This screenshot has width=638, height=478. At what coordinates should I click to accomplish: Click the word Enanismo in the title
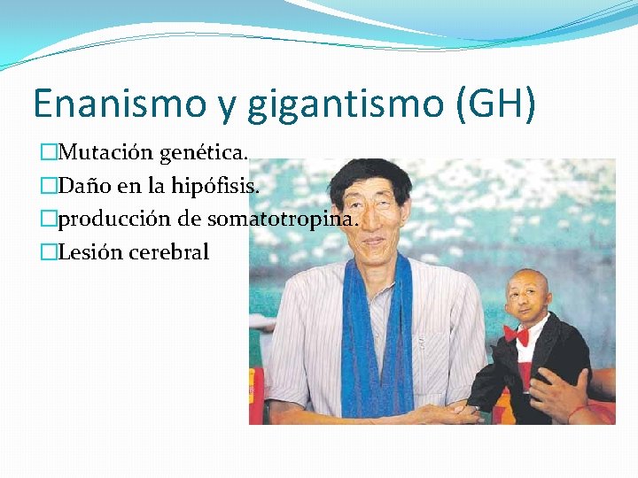pos(121,104)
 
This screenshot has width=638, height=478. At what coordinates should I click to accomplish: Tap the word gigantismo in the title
pos(342,104)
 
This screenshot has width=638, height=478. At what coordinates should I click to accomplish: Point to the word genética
pos(203,153)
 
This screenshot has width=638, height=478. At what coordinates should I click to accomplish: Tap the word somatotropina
pos(292,220)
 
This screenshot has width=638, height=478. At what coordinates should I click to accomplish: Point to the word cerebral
pos(168,252)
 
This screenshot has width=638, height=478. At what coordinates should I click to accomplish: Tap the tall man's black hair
pos(363,173)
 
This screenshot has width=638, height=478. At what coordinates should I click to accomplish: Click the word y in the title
pos(227,106)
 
